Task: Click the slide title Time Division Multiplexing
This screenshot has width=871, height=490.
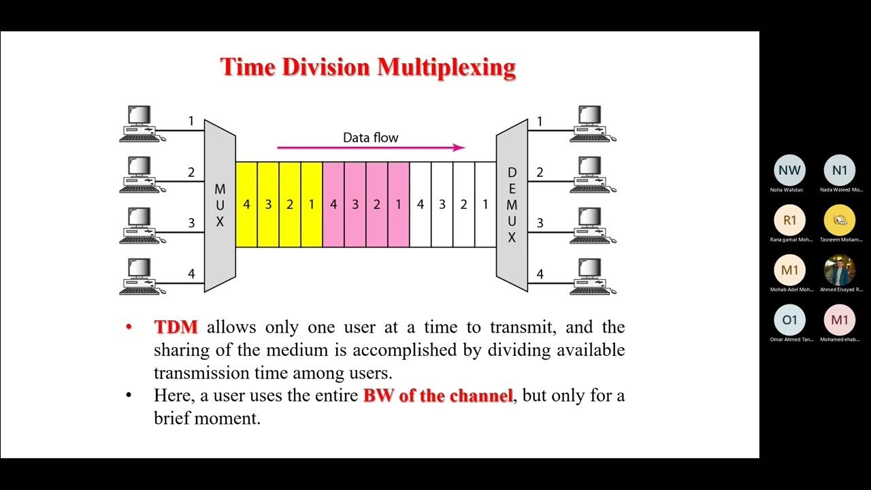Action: (x=367, y=67)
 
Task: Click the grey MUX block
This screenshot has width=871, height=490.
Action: (x=220, y=205)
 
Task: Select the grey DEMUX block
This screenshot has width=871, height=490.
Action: (x=512, y=205)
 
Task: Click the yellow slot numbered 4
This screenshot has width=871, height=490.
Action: (x=246, y=204)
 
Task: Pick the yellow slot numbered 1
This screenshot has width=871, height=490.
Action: (x=312, y=204)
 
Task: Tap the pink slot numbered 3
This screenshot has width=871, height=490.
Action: (x=355, y=204)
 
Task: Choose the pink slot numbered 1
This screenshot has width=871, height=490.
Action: (x=399, y=204)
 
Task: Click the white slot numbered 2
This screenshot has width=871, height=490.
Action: (x=463, y=204)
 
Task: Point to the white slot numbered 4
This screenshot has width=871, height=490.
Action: (x=421, y=204)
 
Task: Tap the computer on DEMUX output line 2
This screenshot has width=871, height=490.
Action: (x=592, y=174)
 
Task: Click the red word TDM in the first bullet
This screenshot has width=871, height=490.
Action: (x=176, y=327)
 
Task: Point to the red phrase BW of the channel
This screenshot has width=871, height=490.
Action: (x=438, y=395)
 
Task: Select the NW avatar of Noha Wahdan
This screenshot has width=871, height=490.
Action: (x=789, y=171)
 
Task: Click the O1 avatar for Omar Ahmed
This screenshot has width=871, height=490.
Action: (x=789, y=320)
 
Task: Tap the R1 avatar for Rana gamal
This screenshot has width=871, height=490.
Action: (x=789, y=220)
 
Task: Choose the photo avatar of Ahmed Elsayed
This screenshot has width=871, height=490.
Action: (x=840, y=270)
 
